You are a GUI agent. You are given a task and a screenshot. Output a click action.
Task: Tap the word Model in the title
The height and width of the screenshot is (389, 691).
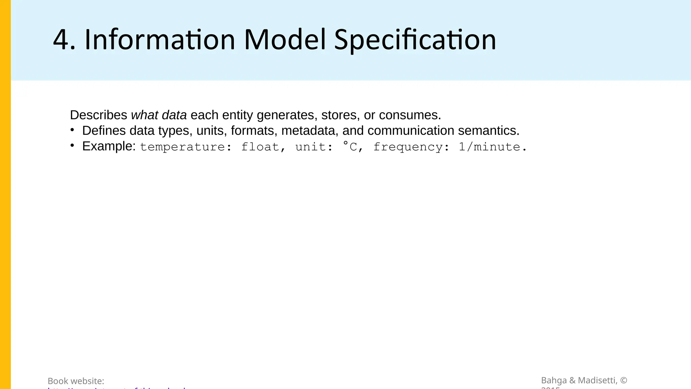(285, 40)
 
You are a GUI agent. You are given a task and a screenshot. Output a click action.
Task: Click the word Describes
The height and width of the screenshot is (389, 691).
(99, 115)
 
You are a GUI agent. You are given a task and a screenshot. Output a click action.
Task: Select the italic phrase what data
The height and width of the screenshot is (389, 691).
(159, 115)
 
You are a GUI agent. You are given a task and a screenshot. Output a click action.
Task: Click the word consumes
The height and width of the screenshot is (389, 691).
(410, 115)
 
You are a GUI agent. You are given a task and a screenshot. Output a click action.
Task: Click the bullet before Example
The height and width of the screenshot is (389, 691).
(72, 146)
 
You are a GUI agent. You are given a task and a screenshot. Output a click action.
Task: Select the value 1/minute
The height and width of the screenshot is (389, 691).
(489, 147)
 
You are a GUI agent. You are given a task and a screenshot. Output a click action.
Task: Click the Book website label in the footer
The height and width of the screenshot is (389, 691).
(76, 381)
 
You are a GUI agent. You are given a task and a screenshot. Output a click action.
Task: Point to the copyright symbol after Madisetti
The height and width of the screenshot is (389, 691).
(624, 380)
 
